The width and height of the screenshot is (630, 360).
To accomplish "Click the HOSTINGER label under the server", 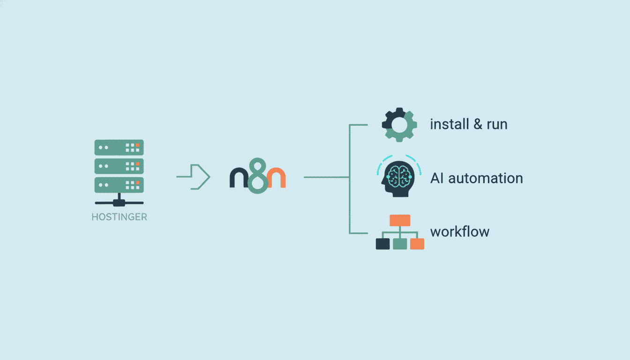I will point(119,217).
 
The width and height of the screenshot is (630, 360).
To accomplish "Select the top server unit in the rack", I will point(119,147).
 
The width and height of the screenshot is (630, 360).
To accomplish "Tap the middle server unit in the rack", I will point(119,166).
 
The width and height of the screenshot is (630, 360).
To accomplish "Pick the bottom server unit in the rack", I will point(119,184).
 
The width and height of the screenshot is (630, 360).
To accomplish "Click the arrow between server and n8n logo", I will point(194,177).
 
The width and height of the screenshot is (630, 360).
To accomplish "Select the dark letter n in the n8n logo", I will point(238,178).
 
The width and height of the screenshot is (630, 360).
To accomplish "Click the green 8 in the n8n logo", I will point(257,177).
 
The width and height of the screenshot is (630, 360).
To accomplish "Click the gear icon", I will point(399,125).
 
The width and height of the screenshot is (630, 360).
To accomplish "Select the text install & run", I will point(468,124).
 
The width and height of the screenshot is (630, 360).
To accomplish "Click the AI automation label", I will point(476,178).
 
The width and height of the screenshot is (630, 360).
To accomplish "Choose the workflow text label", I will point(459,232).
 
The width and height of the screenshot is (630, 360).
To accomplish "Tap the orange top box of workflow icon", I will point(400,220).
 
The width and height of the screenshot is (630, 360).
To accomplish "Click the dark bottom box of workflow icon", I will point(382,244).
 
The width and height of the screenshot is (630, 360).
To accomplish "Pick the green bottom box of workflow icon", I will point(400,244).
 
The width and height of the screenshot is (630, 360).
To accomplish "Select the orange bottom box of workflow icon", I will point(417,244).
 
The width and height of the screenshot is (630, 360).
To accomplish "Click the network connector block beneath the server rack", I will point(119,202).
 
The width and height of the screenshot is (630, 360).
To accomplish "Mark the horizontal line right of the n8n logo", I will point(326,177).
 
